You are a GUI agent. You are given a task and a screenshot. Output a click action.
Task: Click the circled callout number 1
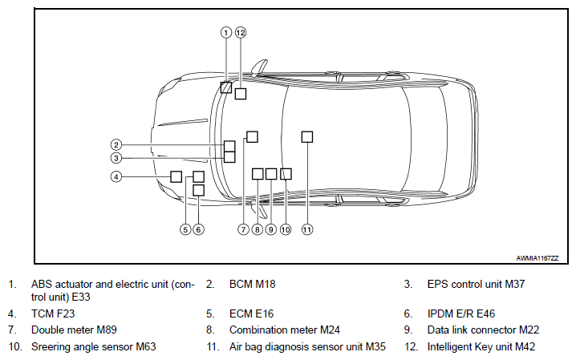226,33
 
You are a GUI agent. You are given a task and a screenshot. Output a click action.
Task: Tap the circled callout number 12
241,33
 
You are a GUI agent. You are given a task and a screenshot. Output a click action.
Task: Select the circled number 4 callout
116,177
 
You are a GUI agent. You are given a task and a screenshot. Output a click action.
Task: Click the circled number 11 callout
307,230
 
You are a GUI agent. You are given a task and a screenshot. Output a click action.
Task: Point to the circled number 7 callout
244,230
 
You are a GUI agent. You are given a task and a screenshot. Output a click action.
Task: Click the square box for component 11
307,137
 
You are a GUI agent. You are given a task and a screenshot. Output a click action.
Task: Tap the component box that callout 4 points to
176,176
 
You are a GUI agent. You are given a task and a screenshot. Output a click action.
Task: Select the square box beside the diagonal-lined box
241,94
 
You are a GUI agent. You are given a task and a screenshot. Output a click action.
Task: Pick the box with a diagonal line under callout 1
226,87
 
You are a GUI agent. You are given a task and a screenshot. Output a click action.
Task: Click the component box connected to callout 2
229,146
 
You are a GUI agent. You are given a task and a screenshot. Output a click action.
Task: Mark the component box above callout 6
199,190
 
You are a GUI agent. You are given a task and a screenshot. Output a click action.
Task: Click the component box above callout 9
271,174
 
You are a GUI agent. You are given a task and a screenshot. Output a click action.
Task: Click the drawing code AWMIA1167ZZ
537,258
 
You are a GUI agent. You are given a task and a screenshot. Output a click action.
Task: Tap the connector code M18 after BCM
266,284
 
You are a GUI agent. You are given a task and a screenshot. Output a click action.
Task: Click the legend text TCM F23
53,313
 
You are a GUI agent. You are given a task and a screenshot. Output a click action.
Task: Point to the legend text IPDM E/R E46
461,313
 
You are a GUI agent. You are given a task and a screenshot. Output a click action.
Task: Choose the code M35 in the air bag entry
375,347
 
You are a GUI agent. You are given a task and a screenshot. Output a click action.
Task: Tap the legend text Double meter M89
74,330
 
